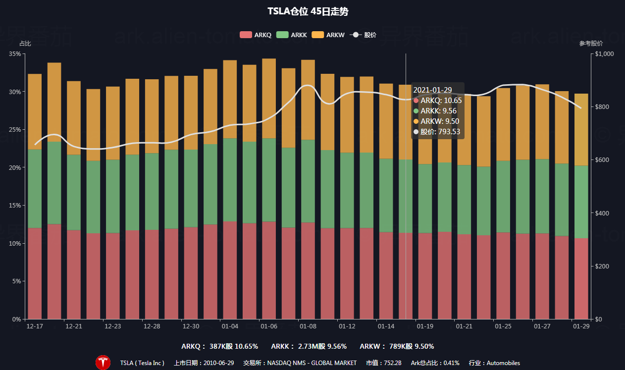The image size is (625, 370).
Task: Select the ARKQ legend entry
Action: (256, 35)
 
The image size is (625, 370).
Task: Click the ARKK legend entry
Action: (292, 35)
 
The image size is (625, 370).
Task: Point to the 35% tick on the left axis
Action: (15, 53)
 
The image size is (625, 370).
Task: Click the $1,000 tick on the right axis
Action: (604, 53)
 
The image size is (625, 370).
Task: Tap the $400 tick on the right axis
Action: (602, 213)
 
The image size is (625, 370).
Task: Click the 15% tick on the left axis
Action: (15, 206)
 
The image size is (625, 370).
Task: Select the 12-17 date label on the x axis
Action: (35, 326)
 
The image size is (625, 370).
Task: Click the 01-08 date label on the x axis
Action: (308, 326)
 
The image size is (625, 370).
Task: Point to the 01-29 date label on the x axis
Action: (581, 326)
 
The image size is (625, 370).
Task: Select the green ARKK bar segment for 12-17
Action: (35, 188)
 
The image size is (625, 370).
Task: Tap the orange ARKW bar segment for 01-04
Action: (230, 99)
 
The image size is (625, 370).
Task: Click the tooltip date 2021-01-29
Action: (432, 90)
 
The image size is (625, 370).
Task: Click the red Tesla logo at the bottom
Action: (103, 363)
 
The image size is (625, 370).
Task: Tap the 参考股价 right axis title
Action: (591, 44)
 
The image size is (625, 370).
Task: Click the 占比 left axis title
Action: (25, 44)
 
